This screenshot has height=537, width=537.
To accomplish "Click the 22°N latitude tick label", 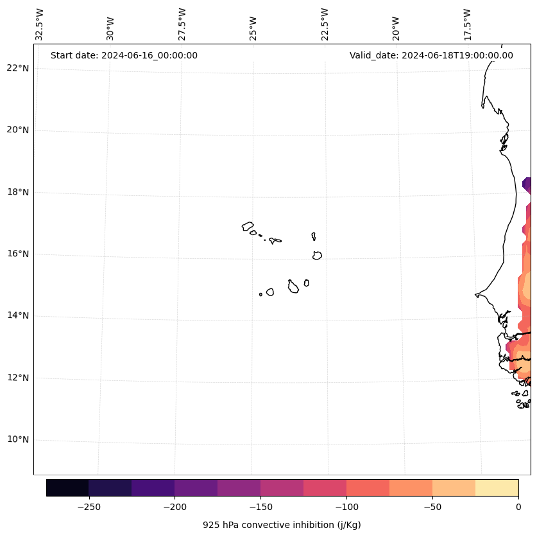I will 18,69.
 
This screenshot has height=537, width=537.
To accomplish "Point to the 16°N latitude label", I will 18,254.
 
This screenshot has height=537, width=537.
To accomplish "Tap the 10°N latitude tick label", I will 18,440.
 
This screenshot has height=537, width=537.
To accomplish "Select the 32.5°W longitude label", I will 40,24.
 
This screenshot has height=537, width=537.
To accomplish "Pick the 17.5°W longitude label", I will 467,24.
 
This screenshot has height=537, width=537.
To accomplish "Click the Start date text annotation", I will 124,55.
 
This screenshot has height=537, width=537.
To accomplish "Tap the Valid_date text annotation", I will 431,55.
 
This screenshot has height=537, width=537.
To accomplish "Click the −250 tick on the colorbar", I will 89,506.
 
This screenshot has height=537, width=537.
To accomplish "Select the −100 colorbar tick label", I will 346,506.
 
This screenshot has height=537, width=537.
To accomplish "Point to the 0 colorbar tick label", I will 518,506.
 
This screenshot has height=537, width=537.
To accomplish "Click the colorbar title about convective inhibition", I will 282,525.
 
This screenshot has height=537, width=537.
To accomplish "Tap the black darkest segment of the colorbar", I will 67,488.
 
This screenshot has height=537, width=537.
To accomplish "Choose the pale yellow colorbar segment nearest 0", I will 497,488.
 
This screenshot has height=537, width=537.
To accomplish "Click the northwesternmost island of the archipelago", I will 248,226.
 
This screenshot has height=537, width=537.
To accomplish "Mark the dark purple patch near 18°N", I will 527,185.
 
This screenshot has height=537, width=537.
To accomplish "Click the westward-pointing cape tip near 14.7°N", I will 476,295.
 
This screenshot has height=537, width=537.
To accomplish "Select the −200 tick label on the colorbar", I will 175,506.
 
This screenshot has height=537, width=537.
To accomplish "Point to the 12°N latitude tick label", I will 18,378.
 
